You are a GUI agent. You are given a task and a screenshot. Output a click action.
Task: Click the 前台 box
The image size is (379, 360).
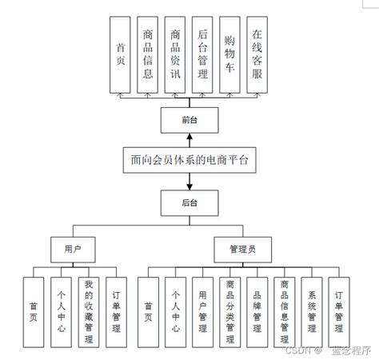click(189, 121)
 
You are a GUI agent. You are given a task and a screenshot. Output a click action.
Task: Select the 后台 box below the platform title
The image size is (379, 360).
click(189, 202)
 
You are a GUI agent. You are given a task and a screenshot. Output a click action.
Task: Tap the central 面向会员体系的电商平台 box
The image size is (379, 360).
click(189, 161)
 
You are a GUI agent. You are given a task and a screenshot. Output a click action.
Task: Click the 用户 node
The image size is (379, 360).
click(73, 250)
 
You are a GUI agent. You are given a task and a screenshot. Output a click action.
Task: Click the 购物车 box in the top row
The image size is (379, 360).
click(229, 55)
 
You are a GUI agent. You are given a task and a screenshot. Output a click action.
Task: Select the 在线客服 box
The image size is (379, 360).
click(257, 55)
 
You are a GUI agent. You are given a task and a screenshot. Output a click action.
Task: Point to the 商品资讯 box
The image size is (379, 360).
click(175, 55)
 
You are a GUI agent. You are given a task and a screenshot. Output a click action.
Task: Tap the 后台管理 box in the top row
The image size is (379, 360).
click(202, 55)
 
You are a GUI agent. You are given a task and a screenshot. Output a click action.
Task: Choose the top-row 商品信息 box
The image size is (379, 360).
click(148, 55)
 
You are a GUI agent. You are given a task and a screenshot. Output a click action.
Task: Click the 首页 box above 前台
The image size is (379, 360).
click(120, 55)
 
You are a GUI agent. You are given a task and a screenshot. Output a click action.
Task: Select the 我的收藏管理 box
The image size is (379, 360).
click(88, 311)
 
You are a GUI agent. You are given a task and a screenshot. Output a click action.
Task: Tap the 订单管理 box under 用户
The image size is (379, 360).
click(116, 311)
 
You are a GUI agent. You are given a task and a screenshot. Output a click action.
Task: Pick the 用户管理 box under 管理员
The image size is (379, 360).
click(203, 311)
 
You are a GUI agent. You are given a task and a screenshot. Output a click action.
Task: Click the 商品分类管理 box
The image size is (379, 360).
click(230, 311)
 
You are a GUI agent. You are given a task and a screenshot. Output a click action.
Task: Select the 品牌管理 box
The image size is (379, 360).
click(257, 311)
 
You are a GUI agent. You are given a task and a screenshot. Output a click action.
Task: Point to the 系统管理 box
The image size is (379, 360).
click(312, 311)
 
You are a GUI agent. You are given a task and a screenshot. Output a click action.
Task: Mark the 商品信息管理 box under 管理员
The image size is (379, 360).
click(285, 311)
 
